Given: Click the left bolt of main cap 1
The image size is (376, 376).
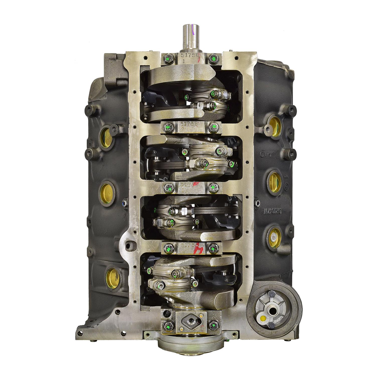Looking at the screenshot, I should (167, 59).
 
